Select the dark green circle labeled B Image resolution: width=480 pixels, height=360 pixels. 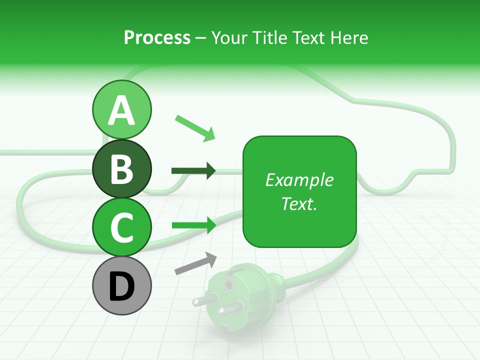point(121,169)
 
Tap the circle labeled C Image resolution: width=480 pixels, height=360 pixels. point(121,227)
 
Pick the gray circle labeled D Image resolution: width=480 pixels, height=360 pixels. point(121,286)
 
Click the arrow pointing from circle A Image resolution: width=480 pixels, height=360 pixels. point(195,128)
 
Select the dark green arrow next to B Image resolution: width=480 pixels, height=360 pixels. point(193,171)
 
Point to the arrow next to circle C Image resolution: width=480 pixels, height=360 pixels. point(193,225)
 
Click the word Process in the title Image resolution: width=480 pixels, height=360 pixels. point(157,38)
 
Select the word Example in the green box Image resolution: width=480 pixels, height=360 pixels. point(299,180)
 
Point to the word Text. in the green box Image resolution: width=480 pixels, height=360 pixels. point(299,203)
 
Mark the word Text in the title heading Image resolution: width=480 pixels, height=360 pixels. point(305,38)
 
